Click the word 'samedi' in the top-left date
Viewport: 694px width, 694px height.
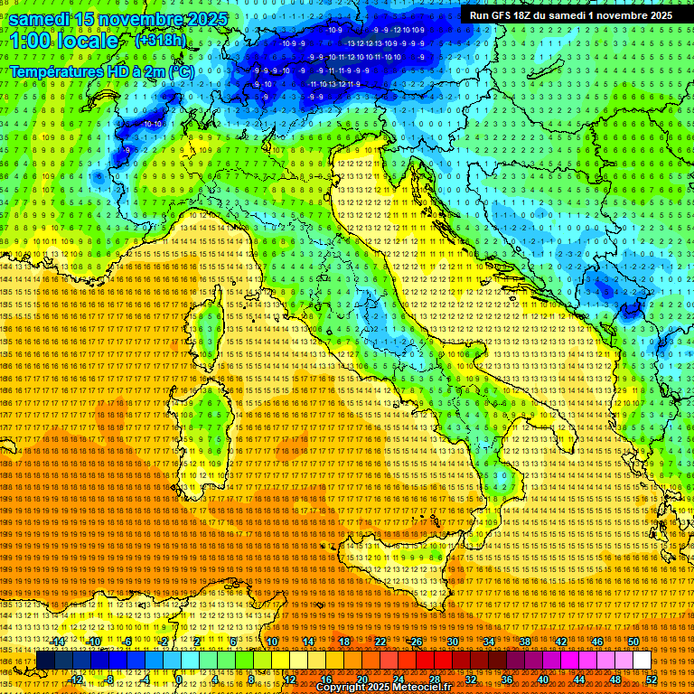point(40,18)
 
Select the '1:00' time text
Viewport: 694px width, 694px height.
point(30,42)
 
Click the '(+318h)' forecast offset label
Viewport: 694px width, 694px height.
point(160,41)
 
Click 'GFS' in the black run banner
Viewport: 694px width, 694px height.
point(502,15)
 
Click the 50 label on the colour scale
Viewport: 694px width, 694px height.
point(633,642)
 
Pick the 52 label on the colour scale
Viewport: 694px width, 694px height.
point(651,680)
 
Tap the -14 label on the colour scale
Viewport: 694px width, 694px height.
point(58,642)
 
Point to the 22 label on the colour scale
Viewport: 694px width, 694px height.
point(381,642)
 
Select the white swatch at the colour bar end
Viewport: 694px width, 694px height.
point(642,661)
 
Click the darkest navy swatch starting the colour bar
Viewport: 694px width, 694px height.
point(44,661)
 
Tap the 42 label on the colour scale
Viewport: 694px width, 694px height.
point(561,642)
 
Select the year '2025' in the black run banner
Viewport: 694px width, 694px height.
point(657,15)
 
